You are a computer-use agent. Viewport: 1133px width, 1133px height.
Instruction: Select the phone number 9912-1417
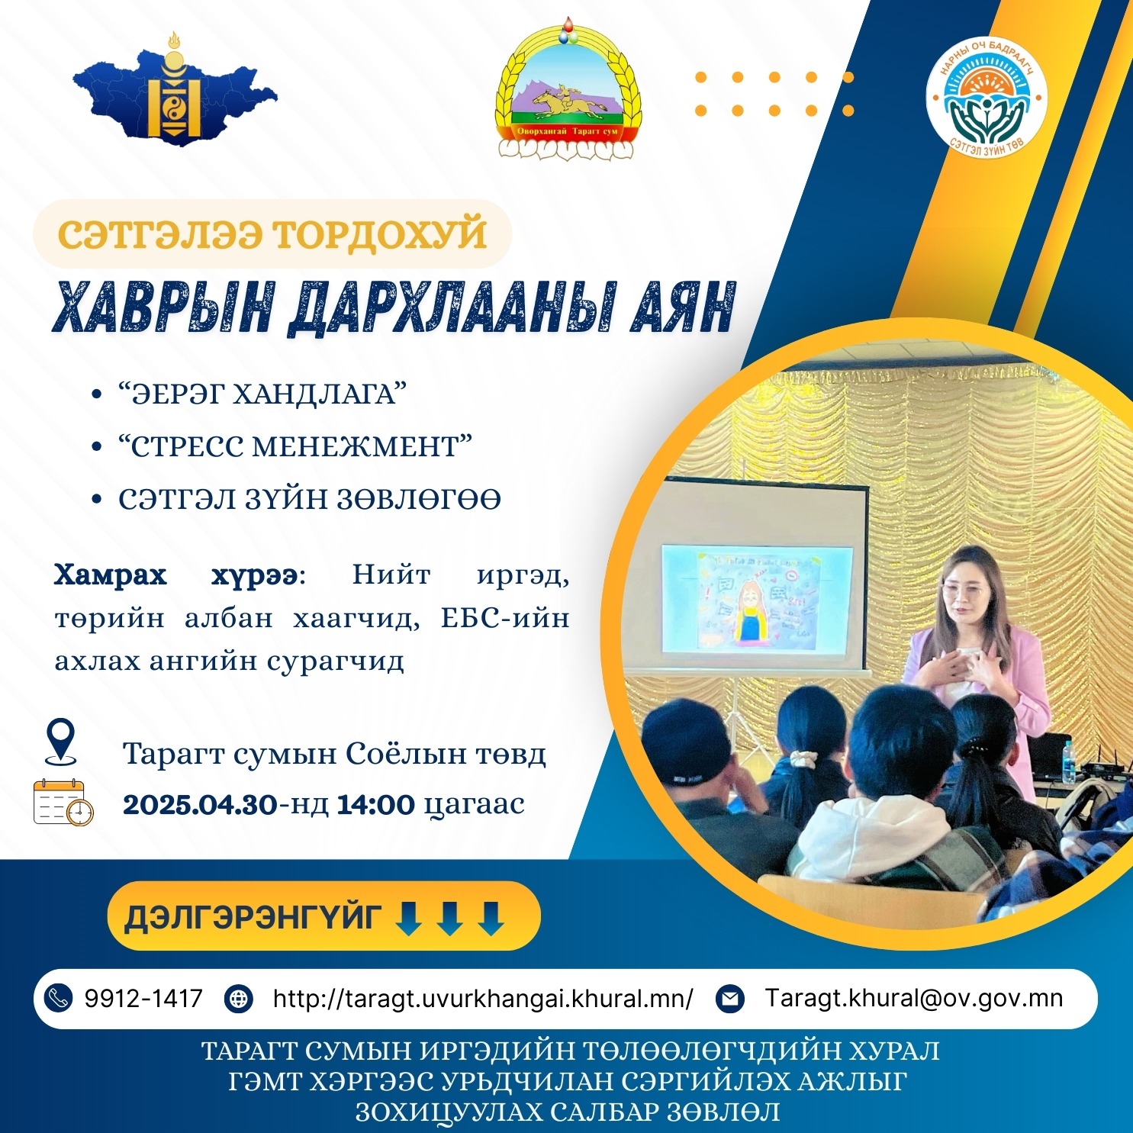[x=143, y=998]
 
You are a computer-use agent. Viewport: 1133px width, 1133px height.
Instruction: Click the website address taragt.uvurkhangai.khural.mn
[x=483, y=998]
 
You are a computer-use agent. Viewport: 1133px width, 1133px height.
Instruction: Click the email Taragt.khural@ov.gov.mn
[x=914, y=998]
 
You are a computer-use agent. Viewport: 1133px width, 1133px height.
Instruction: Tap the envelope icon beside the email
[x=730, y=999]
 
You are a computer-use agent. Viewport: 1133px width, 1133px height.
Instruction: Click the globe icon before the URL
[x=239, y=999]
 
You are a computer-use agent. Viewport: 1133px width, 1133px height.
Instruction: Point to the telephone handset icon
[x=58, y=999]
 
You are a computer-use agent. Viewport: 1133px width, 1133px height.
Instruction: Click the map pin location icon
[x=61, y=741]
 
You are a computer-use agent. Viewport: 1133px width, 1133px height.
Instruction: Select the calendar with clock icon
[x=63, y=802]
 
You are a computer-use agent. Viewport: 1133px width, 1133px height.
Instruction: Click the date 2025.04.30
[x=200, y=804]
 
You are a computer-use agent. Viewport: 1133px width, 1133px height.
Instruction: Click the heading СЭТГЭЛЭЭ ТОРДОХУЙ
[x=272, y=233]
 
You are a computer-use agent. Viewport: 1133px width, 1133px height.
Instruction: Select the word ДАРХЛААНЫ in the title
[x=451, y=307]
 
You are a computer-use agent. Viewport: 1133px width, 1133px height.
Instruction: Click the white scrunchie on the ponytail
[x=803, y=758]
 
